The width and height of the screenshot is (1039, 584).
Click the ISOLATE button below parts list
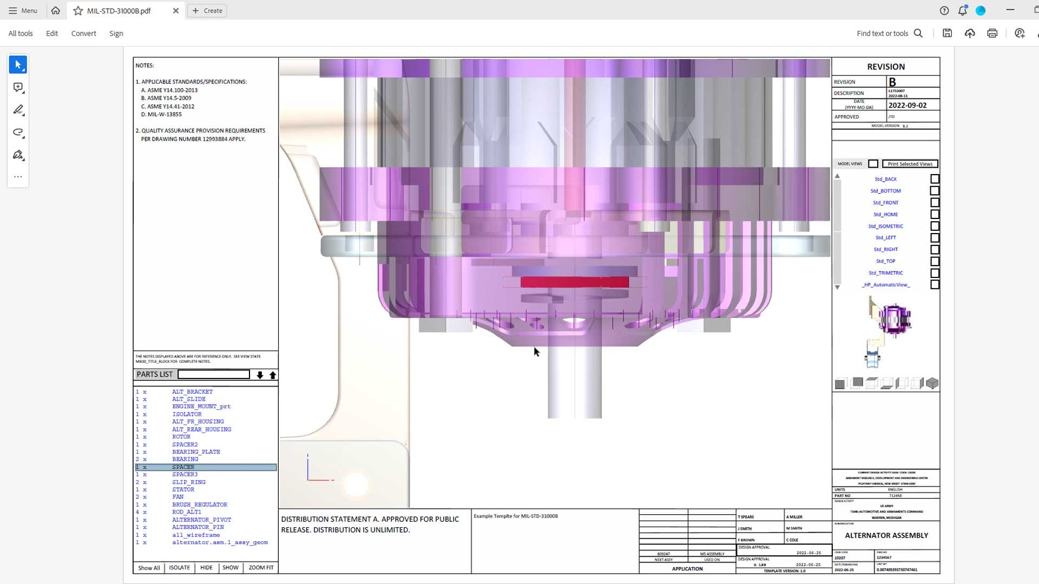[179, 568]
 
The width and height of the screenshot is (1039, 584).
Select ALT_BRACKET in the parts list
[192, 391]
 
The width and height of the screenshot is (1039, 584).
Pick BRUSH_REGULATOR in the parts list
[200, 505]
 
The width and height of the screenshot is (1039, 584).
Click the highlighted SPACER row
[206, 467]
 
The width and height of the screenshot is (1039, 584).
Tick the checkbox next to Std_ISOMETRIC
[935, 226]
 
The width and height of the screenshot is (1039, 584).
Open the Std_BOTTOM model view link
[885, 191]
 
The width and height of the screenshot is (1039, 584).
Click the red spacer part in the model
[574, 282]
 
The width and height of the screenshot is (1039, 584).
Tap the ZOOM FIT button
[261, 568]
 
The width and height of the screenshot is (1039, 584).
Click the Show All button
[149, 568]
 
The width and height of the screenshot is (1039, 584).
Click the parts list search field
[214, 375]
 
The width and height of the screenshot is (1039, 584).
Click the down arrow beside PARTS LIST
[260, 375]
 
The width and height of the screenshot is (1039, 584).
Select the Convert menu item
[83, 34]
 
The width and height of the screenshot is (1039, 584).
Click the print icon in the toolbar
[992, 34]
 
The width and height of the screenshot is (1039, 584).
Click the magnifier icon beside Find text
[918, 34]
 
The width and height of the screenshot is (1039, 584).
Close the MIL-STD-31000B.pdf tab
[176, 11]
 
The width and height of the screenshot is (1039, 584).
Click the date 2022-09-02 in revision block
[908, 105]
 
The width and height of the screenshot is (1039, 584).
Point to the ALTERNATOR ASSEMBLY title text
[886, 535]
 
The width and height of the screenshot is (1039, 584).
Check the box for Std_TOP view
[935, 261]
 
